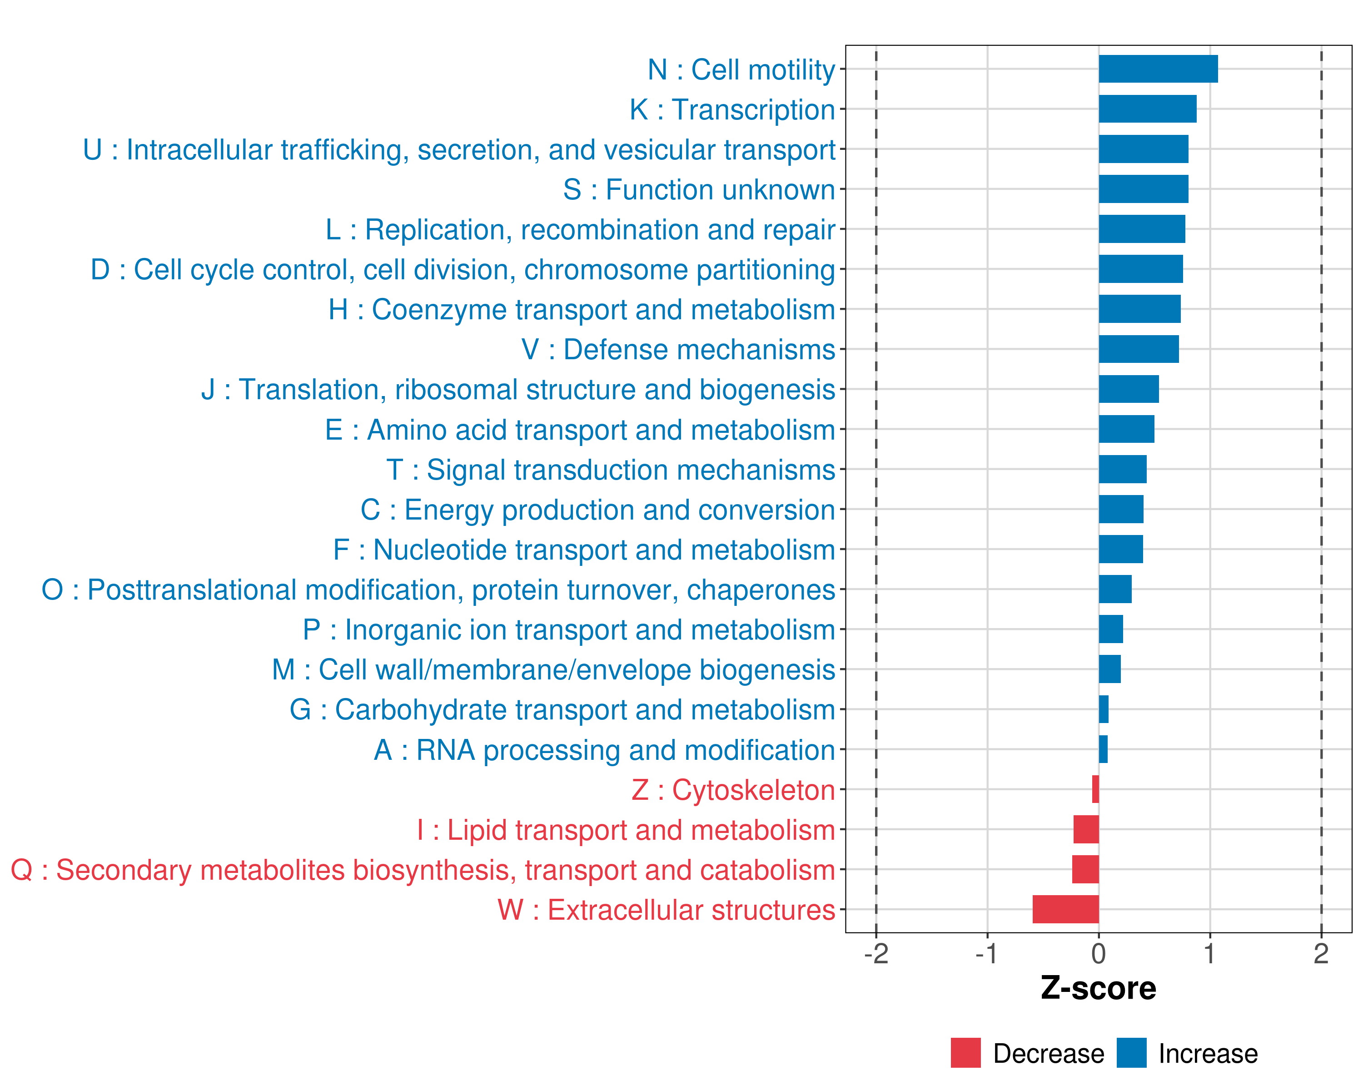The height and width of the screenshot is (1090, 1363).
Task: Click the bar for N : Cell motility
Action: [1158, 69]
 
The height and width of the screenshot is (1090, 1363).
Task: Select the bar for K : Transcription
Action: [1147, 109]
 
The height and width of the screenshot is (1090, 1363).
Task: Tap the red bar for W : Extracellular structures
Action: [1065, 909]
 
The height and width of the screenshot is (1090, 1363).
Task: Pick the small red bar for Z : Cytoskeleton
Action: [1095, 789]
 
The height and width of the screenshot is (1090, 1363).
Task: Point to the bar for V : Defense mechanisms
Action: [1138, 349]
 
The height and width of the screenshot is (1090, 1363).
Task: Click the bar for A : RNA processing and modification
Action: [1103, 749]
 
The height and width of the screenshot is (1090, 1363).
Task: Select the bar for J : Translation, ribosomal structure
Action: [1129, 389]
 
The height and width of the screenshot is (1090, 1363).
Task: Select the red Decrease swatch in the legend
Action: [965, 1053]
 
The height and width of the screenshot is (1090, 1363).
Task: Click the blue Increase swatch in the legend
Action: [1131, 1053]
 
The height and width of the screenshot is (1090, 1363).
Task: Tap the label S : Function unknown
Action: [699, 189]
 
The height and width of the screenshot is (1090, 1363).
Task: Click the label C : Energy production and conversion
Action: [597, 510]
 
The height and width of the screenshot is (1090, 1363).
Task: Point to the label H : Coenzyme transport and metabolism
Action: [582, 310]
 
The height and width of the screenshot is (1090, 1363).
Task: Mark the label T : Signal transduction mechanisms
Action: [611, 470]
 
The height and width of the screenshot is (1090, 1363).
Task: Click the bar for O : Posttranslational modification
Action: [1114, 589]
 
